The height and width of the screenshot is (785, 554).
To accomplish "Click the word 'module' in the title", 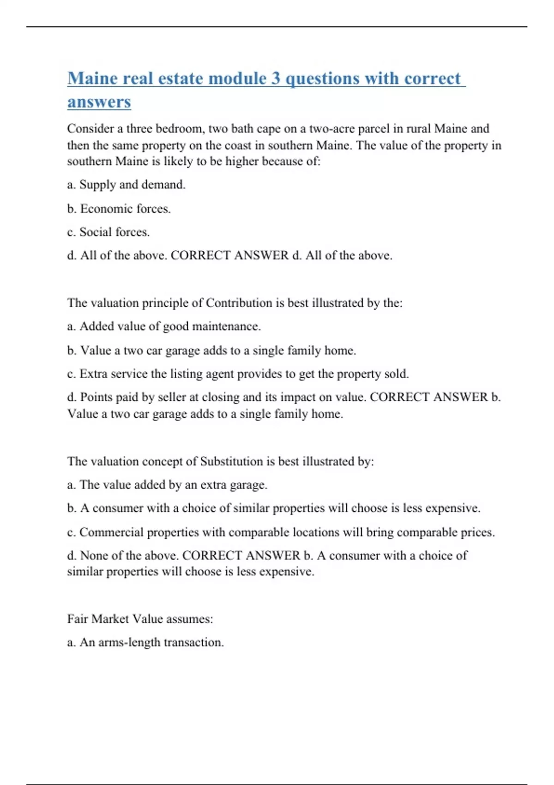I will pos(238,78).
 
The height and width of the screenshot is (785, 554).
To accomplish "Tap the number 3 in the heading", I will pos(276,78).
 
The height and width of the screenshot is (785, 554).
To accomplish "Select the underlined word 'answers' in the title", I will pos(99,102).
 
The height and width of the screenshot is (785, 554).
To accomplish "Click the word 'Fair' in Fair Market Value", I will pos(78,619).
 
